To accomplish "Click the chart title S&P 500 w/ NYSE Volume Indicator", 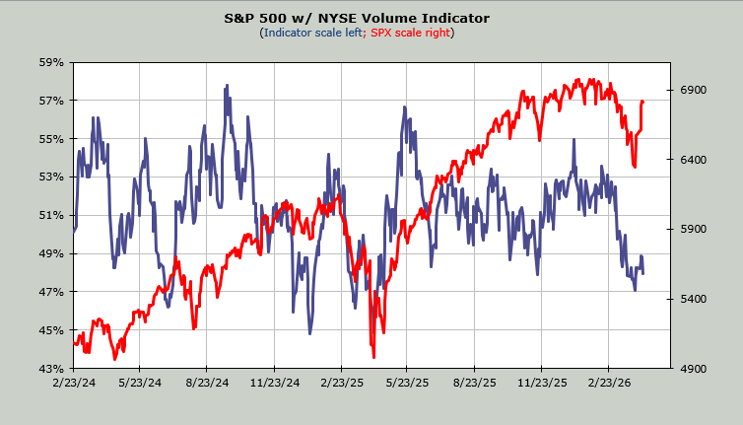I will [x=371, y=18].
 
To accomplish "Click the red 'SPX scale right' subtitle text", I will [x=409, y=33].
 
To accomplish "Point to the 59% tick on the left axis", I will [x=52, y=62].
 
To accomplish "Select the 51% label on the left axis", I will [x=52, y=215].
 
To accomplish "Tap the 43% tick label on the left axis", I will [x=52, y=369].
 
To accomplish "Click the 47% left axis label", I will [x=52, y=292].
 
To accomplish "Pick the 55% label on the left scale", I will [x=52, y=139].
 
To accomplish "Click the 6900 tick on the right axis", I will [x=696, y=90].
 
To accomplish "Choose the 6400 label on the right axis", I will [x=696, y=160].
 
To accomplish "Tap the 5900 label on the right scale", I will [x=696, y=229].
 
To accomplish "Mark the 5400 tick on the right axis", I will [x=696, y=299].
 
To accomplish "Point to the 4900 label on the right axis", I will [x=696, y=369].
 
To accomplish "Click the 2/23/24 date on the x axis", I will [x=74, y=381].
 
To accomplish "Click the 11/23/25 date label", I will [x=543, y=381].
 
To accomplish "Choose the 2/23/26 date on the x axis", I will [x=610, y=381].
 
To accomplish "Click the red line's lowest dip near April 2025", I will [x=373, y=358].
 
